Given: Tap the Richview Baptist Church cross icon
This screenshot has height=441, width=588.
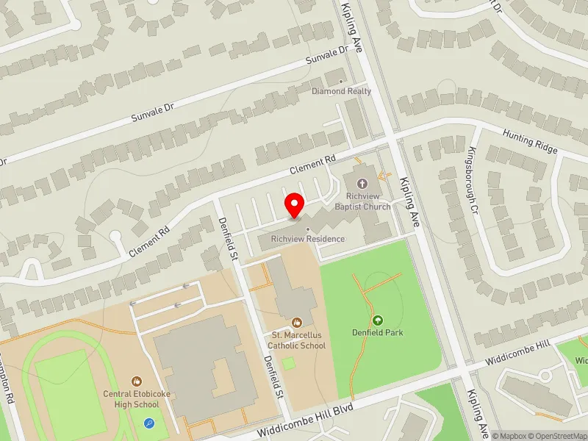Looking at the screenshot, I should point(361,184).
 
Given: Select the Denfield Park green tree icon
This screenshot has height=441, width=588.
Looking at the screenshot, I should point(378,320).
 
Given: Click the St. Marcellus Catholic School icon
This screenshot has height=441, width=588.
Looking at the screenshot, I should point(296,322).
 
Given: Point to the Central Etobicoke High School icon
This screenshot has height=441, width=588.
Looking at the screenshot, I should point(137,381).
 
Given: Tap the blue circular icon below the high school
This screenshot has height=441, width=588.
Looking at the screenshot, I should point(150,423).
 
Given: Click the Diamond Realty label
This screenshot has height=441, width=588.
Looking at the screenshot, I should point(341,91).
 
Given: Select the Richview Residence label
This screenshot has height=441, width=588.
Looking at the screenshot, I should point(307,239).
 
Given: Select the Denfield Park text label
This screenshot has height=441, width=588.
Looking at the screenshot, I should point(378,332).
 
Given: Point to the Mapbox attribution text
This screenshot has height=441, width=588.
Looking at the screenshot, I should point(509,435).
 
